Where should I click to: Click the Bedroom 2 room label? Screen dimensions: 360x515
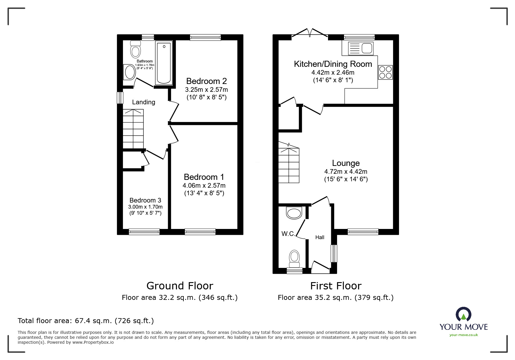[206, 81]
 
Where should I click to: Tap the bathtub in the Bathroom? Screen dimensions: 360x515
[164, 63]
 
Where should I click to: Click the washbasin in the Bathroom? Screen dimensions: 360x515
[130, 72]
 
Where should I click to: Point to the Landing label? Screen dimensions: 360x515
[143, 102]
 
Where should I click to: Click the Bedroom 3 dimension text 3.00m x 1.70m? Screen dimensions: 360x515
[145, 207]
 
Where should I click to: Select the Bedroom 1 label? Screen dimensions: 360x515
[204, 177]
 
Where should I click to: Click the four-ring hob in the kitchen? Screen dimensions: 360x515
[385, 72]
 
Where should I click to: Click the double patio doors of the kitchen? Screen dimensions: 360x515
[310, 33]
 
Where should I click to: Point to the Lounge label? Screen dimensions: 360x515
[346, 163]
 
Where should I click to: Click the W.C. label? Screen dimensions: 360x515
[288, 234]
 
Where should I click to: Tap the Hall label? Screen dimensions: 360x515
[320, 237]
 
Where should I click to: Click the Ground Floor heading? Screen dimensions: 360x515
[180, 286]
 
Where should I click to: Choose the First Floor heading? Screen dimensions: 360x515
[336, 286]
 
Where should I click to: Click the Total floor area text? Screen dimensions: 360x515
[86, 321]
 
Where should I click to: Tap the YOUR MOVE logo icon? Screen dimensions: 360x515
[463, 314]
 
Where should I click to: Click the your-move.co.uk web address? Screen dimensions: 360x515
[464, 335]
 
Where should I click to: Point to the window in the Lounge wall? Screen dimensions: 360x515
[363, 232]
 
